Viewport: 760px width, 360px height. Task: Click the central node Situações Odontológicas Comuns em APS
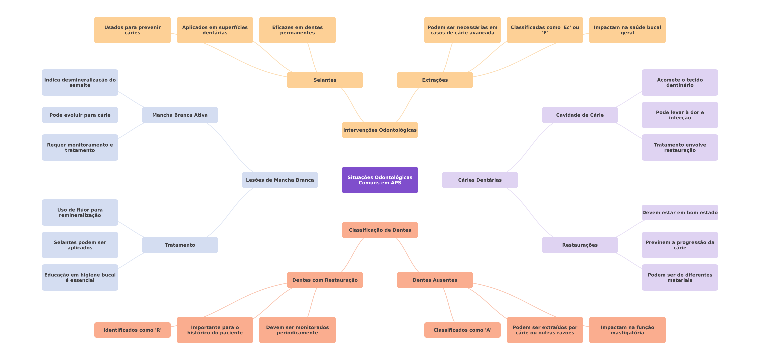[380, 180]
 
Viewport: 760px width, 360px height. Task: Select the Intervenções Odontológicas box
[380, 130]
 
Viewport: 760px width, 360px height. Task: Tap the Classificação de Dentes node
[380, 230]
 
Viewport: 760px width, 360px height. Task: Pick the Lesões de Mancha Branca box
[280, 180]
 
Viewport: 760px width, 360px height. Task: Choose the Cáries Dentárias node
[480, 180]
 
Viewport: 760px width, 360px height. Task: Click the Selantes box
[325, 80]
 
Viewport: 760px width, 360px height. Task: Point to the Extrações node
[435, 80]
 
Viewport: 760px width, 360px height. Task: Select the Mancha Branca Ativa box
[180, 115]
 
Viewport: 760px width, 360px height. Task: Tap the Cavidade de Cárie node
[580, 115]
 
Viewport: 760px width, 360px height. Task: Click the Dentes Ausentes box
[435, 280]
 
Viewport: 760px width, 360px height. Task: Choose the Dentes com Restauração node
[325, 280]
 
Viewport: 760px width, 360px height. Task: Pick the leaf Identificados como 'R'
[132, 330]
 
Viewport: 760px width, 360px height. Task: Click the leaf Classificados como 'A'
[462, 330]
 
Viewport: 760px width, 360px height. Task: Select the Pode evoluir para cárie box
[80, 115]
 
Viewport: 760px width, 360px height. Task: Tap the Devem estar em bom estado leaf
[680, 213]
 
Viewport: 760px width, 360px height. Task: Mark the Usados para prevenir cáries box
[132, 30]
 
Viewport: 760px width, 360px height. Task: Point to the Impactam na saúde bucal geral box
[627, 30]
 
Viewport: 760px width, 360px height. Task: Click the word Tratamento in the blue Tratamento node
[180, 245]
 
